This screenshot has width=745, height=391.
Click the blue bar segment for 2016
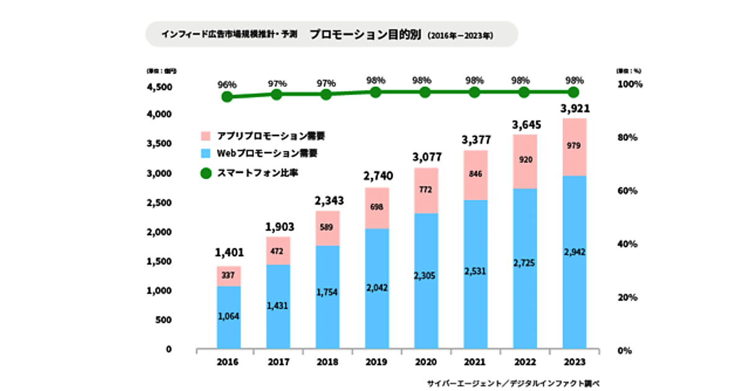click(228, 317)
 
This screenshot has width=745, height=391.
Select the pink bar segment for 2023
click(574, 146)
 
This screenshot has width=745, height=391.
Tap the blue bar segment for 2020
click(426, 281)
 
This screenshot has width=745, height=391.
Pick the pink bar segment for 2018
click(327, 228)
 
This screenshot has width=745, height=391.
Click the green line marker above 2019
click(376, 92)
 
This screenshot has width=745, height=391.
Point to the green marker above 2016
click(228, 97)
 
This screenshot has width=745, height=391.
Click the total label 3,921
click(575, 109)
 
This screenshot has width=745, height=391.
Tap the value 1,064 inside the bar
click(228, 317)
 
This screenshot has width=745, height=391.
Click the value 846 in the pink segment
click(476, 174)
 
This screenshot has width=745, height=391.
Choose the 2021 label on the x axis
click(476, 361)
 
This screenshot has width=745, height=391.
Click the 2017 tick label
click(278, 361)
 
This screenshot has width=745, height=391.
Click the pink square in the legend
click(207, 135)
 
